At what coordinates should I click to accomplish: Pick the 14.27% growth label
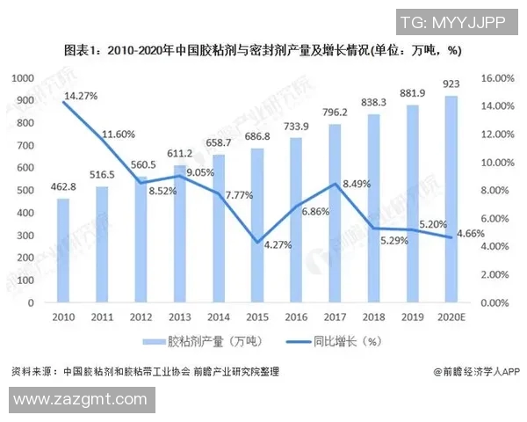coord(76,95)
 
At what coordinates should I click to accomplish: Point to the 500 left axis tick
coord(24,191)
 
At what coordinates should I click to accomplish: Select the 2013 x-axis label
coord(179,316)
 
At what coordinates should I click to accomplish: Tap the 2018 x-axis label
coord(373,316)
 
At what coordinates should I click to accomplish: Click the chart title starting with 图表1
coord(263,51)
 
